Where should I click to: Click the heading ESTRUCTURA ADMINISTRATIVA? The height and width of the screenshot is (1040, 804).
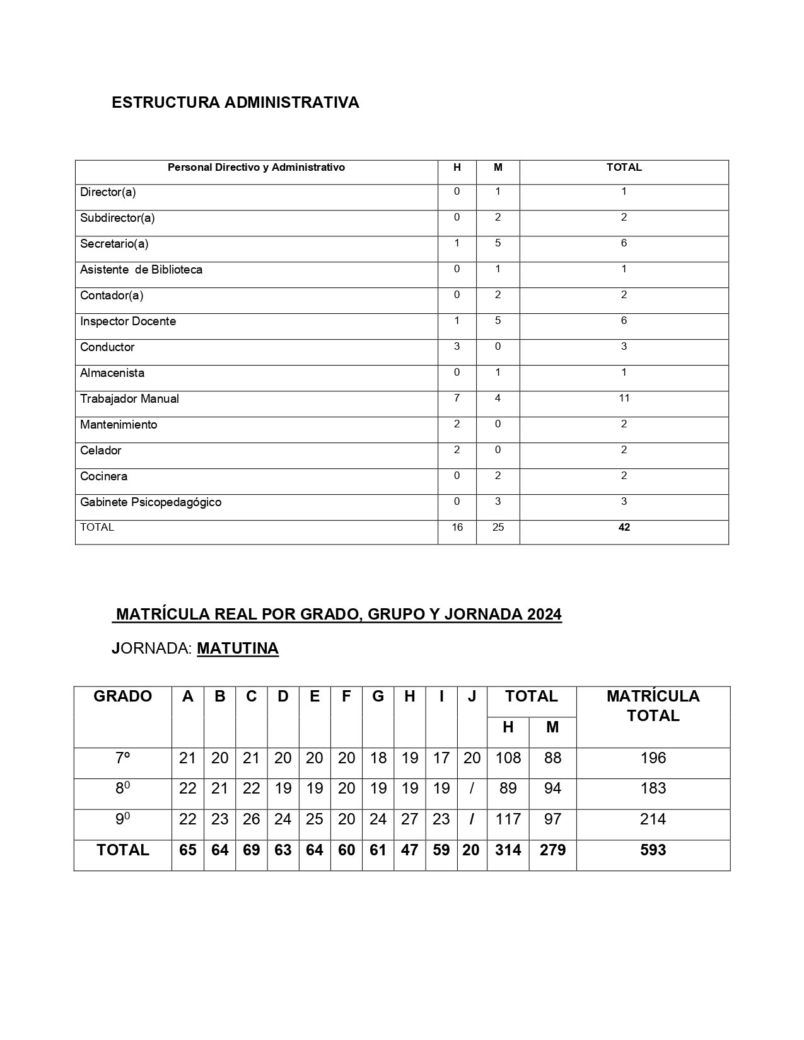pos(235,102)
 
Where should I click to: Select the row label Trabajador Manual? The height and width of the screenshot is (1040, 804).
pos(129,399)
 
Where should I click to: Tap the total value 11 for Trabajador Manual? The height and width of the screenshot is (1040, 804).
pos(624,398)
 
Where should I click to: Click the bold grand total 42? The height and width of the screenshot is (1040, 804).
pos(624,528)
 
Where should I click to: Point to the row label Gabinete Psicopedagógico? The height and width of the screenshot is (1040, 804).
pos(151,502)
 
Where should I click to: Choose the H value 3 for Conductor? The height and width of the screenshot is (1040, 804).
pos(457,346)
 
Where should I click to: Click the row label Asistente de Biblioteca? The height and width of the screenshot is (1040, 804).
pos(141,270)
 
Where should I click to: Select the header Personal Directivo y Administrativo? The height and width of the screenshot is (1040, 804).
pos(256,168)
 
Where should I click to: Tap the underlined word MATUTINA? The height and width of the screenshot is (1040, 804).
pos(238,649)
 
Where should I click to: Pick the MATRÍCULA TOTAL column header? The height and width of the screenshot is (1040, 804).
pos(653,706)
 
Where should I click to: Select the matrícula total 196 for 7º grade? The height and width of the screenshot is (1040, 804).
pos(653,758)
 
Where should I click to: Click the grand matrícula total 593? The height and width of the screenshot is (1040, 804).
pos(653,850)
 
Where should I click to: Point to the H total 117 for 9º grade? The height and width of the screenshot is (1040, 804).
pos(508,819)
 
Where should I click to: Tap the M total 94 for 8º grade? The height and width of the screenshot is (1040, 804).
pos(552,789)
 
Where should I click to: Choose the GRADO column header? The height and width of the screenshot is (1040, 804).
pos(122,696)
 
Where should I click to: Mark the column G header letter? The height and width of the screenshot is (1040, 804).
pos(378,696)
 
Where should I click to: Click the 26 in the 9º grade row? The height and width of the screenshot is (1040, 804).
pos(251,819)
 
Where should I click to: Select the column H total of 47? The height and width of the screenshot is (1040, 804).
pos(409,850)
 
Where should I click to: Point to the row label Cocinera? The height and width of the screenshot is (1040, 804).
pos(104,477)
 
